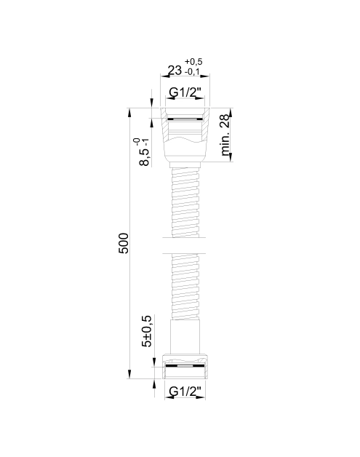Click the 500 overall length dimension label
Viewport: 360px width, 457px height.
coord(124,243)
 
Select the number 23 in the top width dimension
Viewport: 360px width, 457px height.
coord(175,71)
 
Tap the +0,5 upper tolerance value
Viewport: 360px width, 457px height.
coord(193,62)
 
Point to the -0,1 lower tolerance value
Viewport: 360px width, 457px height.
coord(192,72)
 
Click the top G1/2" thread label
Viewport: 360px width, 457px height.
coord(185,92)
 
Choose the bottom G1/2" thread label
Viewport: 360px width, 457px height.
coord(185,391)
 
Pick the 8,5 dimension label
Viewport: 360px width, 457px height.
coord(145,157)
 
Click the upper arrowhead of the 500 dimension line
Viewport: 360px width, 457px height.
coord(129,113)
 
